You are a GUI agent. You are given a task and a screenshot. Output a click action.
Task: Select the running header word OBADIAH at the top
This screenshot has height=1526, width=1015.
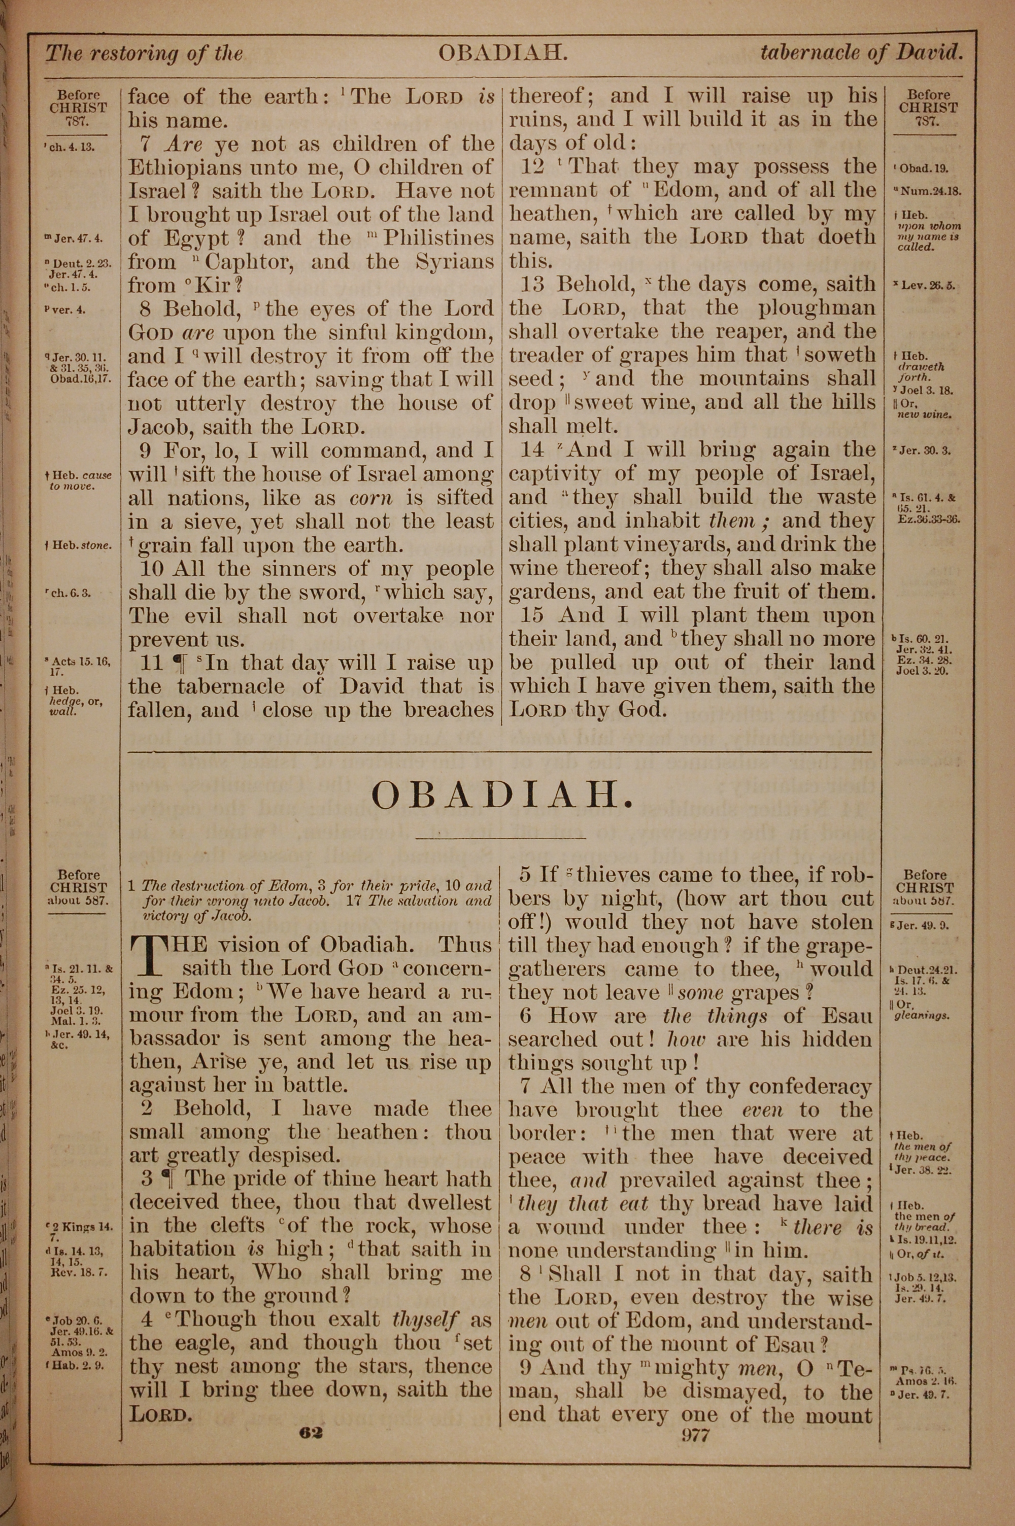[503, 53]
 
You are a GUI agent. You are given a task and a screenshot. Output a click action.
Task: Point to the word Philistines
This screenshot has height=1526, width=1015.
[439, 238]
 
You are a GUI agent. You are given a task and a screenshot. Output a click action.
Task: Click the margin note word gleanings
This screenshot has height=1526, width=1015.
[923, 1015]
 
